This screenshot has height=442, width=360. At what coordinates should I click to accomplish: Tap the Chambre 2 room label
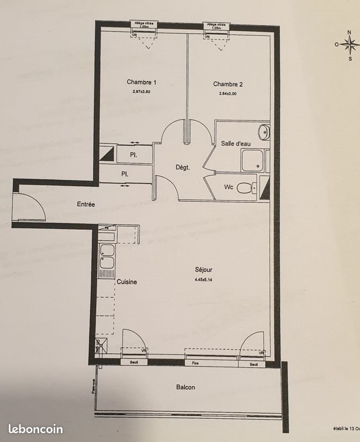[x=228, y=84]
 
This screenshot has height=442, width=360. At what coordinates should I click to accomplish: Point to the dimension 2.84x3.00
[x=228, y=93]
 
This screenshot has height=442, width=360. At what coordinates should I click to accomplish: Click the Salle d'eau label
[x=236, y=143]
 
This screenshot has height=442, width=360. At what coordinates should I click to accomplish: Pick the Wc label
[x=228, y=187]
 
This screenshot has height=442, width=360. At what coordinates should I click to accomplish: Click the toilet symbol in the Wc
[x=246, y=188]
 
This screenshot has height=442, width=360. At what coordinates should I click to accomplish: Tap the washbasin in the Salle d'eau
[x=264, y=131]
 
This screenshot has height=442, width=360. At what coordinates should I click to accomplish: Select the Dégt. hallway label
[x=182, y=168]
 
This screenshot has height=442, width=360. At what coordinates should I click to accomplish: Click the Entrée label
[x=86, y=204]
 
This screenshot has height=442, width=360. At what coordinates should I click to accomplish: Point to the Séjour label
[x=204, y=270]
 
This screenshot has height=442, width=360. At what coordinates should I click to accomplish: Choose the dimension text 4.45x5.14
[x=204, y=280]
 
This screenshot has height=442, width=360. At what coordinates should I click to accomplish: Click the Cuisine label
[x=127, y=282]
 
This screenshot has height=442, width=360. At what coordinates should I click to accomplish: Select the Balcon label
[x=185, y=387]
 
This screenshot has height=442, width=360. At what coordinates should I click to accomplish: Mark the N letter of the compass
[x=349, y=33]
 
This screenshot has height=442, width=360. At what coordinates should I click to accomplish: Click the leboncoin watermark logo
[x=35, y=429]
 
